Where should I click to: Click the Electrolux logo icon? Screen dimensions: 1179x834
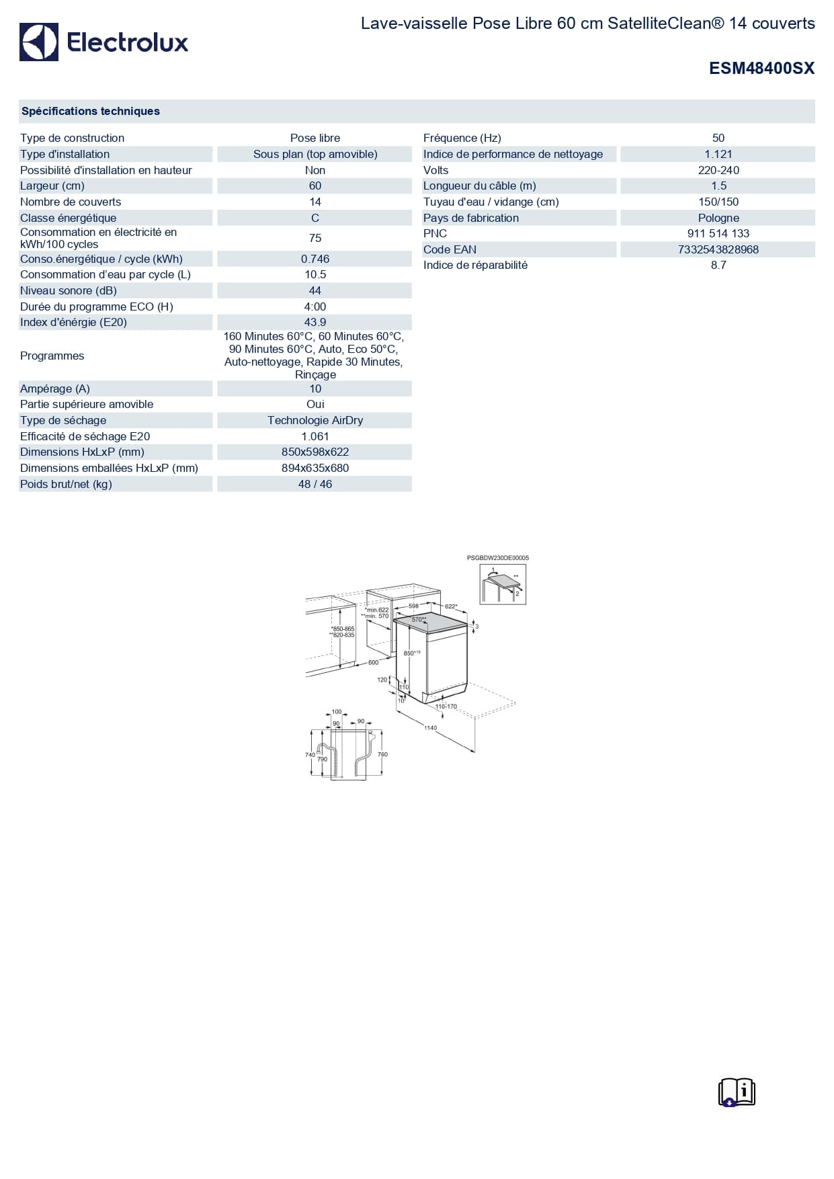[x=39, y=42]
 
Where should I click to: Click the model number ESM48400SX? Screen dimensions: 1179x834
[x=761, y=68]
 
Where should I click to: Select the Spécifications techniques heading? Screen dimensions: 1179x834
[x=91, y=111]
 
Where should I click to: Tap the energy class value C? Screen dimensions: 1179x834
[x=315, y=218]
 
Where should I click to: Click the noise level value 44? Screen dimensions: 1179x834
[x=315, y=290]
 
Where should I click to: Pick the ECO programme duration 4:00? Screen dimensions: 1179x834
[x=315, y=307]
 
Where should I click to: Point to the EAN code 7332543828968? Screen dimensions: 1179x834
[x=718, y=249]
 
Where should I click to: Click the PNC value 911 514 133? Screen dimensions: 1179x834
[x=718, y=233]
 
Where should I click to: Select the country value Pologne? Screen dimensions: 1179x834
[x=718, y=218]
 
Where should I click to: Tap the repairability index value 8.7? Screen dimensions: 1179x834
[x=718, y=265]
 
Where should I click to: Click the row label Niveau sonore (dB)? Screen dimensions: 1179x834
[x=69, y=290]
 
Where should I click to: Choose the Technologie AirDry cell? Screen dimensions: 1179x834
[x=315, y=420]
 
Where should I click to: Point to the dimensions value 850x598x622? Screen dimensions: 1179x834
[x=315, y=452]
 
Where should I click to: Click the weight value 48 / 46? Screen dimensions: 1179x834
[x=315, y=484]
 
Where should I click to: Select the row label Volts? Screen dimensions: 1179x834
[x=435, y=170]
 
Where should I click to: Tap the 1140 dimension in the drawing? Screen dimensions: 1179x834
[x=430, y=728]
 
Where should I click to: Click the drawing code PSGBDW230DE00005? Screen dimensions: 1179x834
[x=497, y=558]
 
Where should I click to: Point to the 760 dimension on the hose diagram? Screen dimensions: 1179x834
[x=382, y=754]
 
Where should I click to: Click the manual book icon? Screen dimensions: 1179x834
[x=737, y=1092]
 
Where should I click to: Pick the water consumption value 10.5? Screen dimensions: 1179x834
[x=315, y=274]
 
